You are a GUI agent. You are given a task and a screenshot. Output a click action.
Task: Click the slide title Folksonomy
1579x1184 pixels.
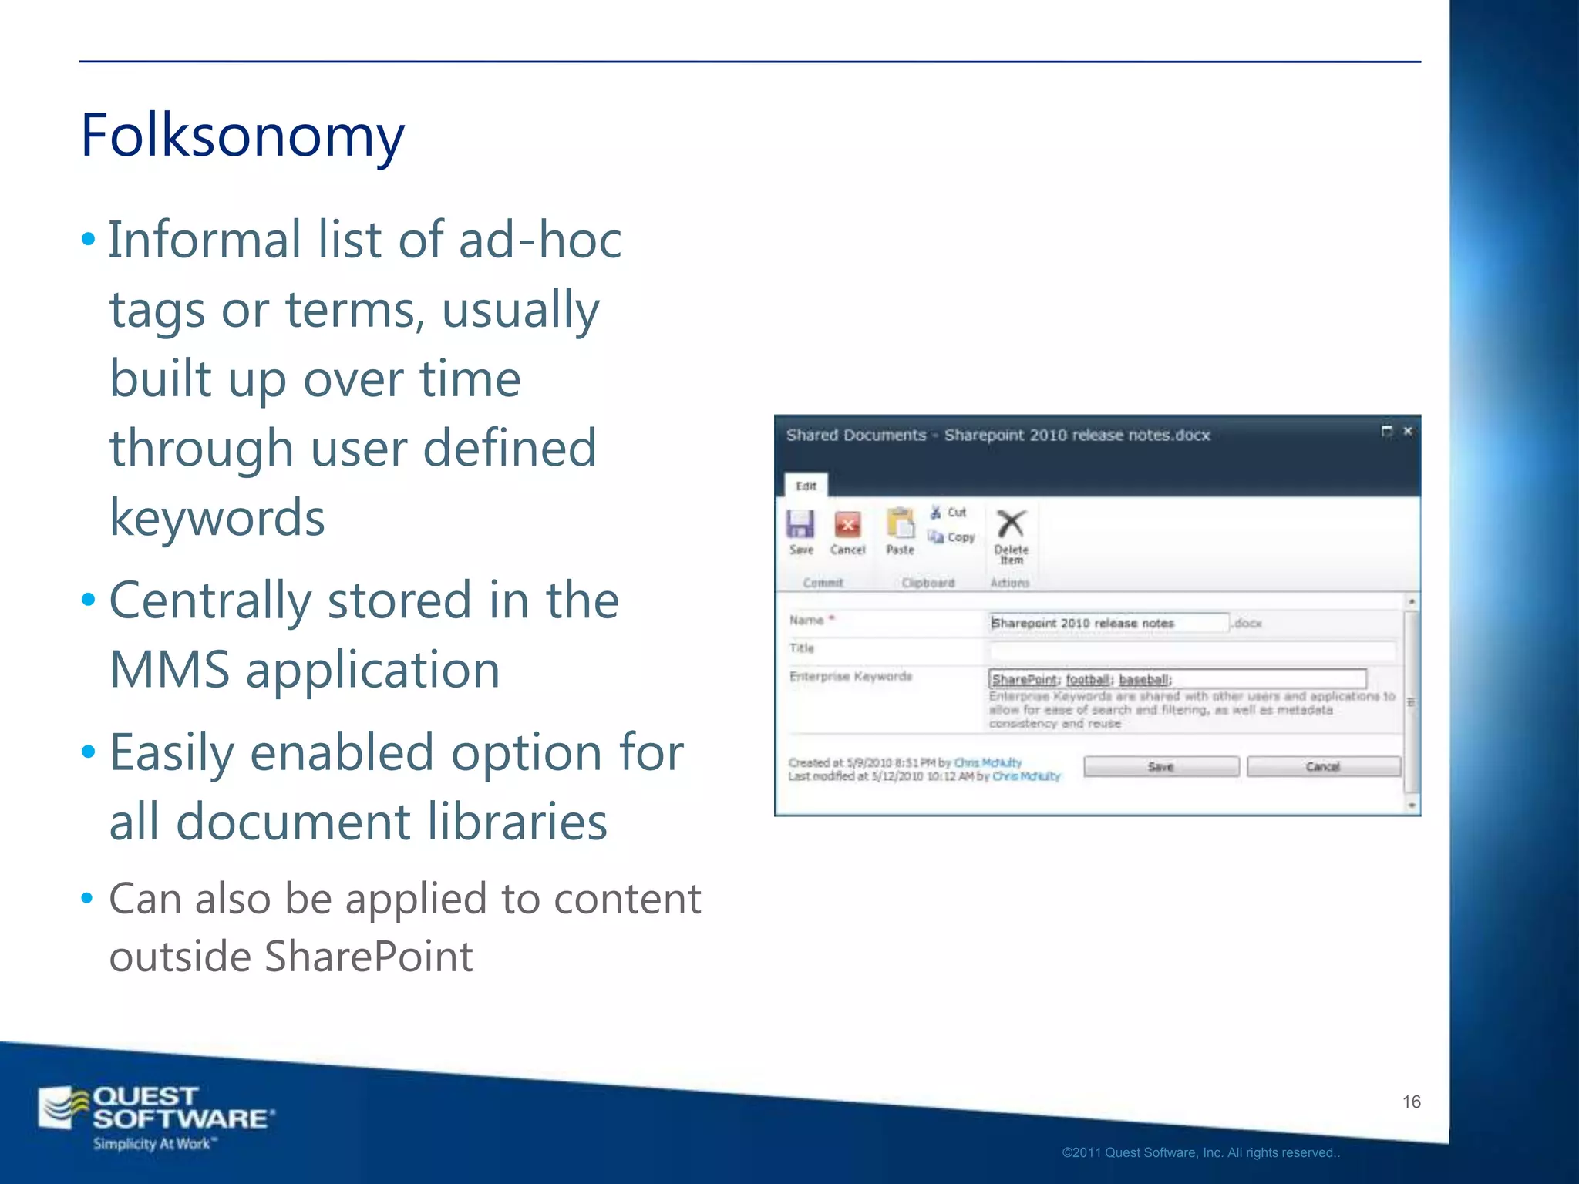pos(242,136)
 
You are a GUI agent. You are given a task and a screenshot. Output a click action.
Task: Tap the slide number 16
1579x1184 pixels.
pos(1411,1102)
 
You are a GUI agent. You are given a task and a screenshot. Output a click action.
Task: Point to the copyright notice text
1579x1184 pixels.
pos(1200,1152)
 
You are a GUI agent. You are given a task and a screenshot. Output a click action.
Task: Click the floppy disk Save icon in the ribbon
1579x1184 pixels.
pos(800,525)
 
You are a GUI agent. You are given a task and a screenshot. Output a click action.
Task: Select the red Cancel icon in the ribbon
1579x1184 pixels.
pos(847,525)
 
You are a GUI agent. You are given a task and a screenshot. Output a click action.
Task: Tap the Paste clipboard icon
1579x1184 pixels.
pos(900,524)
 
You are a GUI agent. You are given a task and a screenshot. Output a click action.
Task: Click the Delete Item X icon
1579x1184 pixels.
pos(1011,524)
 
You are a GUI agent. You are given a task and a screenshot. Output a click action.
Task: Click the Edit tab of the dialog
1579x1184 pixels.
pos(806,486)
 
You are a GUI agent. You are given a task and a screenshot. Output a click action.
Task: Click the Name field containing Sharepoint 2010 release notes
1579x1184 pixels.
pos(1108,623)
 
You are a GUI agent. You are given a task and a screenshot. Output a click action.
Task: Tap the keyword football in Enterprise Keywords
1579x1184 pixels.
pos(1088,679)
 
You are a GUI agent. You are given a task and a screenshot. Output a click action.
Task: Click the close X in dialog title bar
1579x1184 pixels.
pos(1407,432)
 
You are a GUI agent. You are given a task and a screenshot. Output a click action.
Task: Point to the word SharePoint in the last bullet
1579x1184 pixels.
pos(369,957)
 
